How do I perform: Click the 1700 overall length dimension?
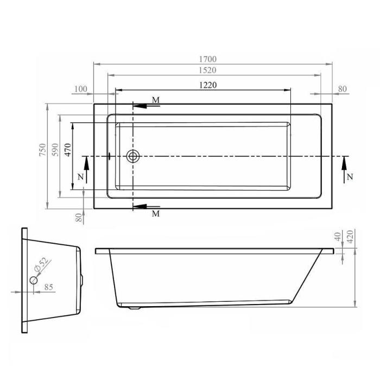208,59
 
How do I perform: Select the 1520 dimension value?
207,70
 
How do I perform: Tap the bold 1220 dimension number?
208,85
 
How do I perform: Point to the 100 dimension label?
81,89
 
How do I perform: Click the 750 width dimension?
42,150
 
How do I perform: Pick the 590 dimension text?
55,150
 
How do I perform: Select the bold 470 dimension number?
68,150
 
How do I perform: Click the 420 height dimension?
350,237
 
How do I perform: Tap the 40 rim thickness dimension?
338,236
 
